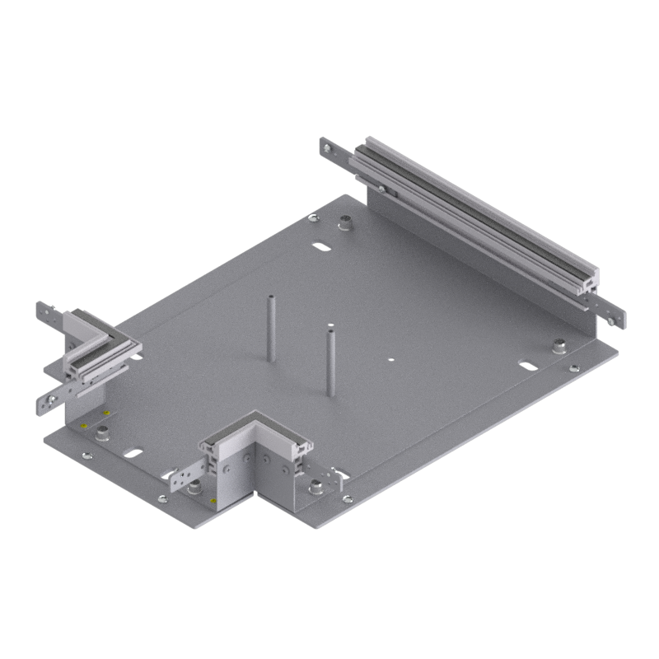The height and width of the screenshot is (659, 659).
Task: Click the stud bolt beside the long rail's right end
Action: [559, 344]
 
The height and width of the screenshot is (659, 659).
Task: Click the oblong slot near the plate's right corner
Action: [526, 364]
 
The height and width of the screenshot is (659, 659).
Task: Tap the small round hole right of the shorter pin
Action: [391, 359]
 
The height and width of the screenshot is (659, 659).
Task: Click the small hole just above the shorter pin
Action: [329, 325]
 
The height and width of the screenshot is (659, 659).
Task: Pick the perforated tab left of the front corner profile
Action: [185, 475]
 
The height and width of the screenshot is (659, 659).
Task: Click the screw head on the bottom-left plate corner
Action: [86, 454]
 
